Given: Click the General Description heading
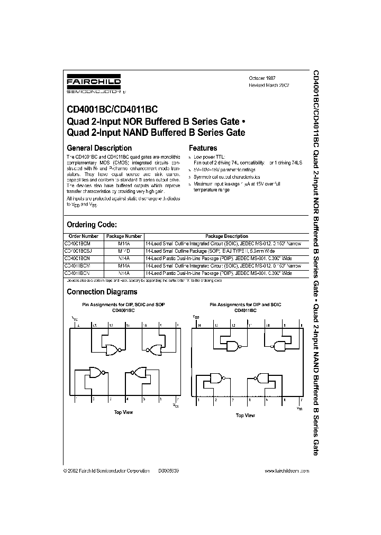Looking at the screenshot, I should pos(99,148).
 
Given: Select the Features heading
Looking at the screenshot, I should pos(203,148).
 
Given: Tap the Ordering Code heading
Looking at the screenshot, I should pos(95,224).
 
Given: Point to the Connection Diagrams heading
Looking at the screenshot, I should pos(102,292).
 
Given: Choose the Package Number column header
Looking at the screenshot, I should pos(123,236).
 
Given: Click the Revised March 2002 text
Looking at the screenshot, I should pos(269,85).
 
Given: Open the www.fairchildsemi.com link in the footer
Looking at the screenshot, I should pos(286,470).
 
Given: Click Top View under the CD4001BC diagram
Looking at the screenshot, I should pos(124,411).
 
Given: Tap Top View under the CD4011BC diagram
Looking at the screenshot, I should pos(245,416).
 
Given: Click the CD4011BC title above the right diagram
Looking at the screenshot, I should pos(245,311).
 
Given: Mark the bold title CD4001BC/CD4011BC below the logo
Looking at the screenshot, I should pos(112,110).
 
